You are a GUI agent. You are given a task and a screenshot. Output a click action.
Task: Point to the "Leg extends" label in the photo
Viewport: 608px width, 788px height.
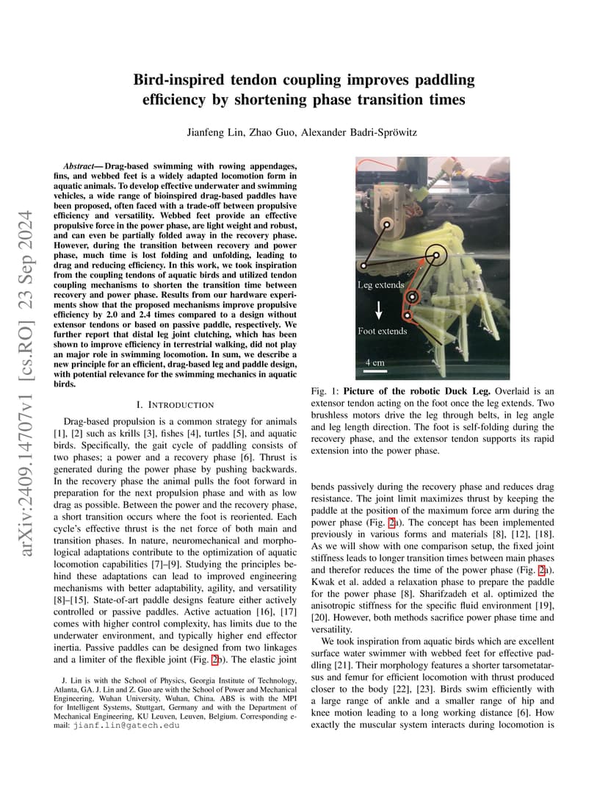[x=380, y=284]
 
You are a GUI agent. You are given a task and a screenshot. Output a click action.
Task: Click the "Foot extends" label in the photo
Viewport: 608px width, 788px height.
[x=382, y=331]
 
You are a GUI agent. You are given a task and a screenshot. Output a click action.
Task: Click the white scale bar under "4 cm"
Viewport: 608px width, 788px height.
[x=374, y=371]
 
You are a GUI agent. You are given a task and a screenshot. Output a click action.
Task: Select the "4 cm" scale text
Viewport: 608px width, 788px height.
[x=374, y=362]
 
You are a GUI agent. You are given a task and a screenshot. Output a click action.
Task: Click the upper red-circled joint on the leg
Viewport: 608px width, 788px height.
[x=412, y=297]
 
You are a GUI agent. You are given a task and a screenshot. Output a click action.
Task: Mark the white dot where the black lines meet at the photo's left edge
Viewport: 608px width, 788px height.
[x=363, y=265]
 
